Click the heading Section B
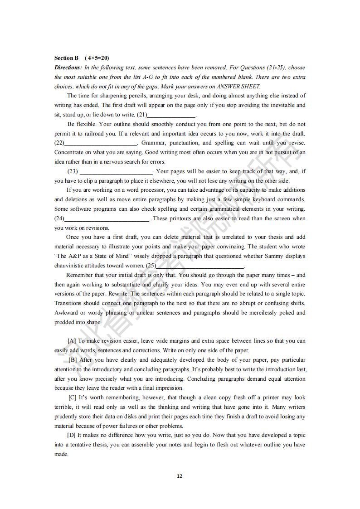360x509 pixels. (x=66, y=58)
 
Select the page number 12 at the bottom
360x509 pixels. (x=180, y=476)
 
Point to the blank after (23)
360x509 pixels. (x=117, y=172)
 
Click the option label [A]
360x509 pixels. (x=72, y=341)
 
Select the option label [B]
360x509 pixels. (x=73, y=360)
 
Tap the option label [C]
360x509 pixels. (x=72, y=398)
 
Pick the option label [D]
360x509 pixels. (x=72, y=436)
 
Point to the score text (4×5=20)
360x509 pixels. (x=97, y=58)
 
